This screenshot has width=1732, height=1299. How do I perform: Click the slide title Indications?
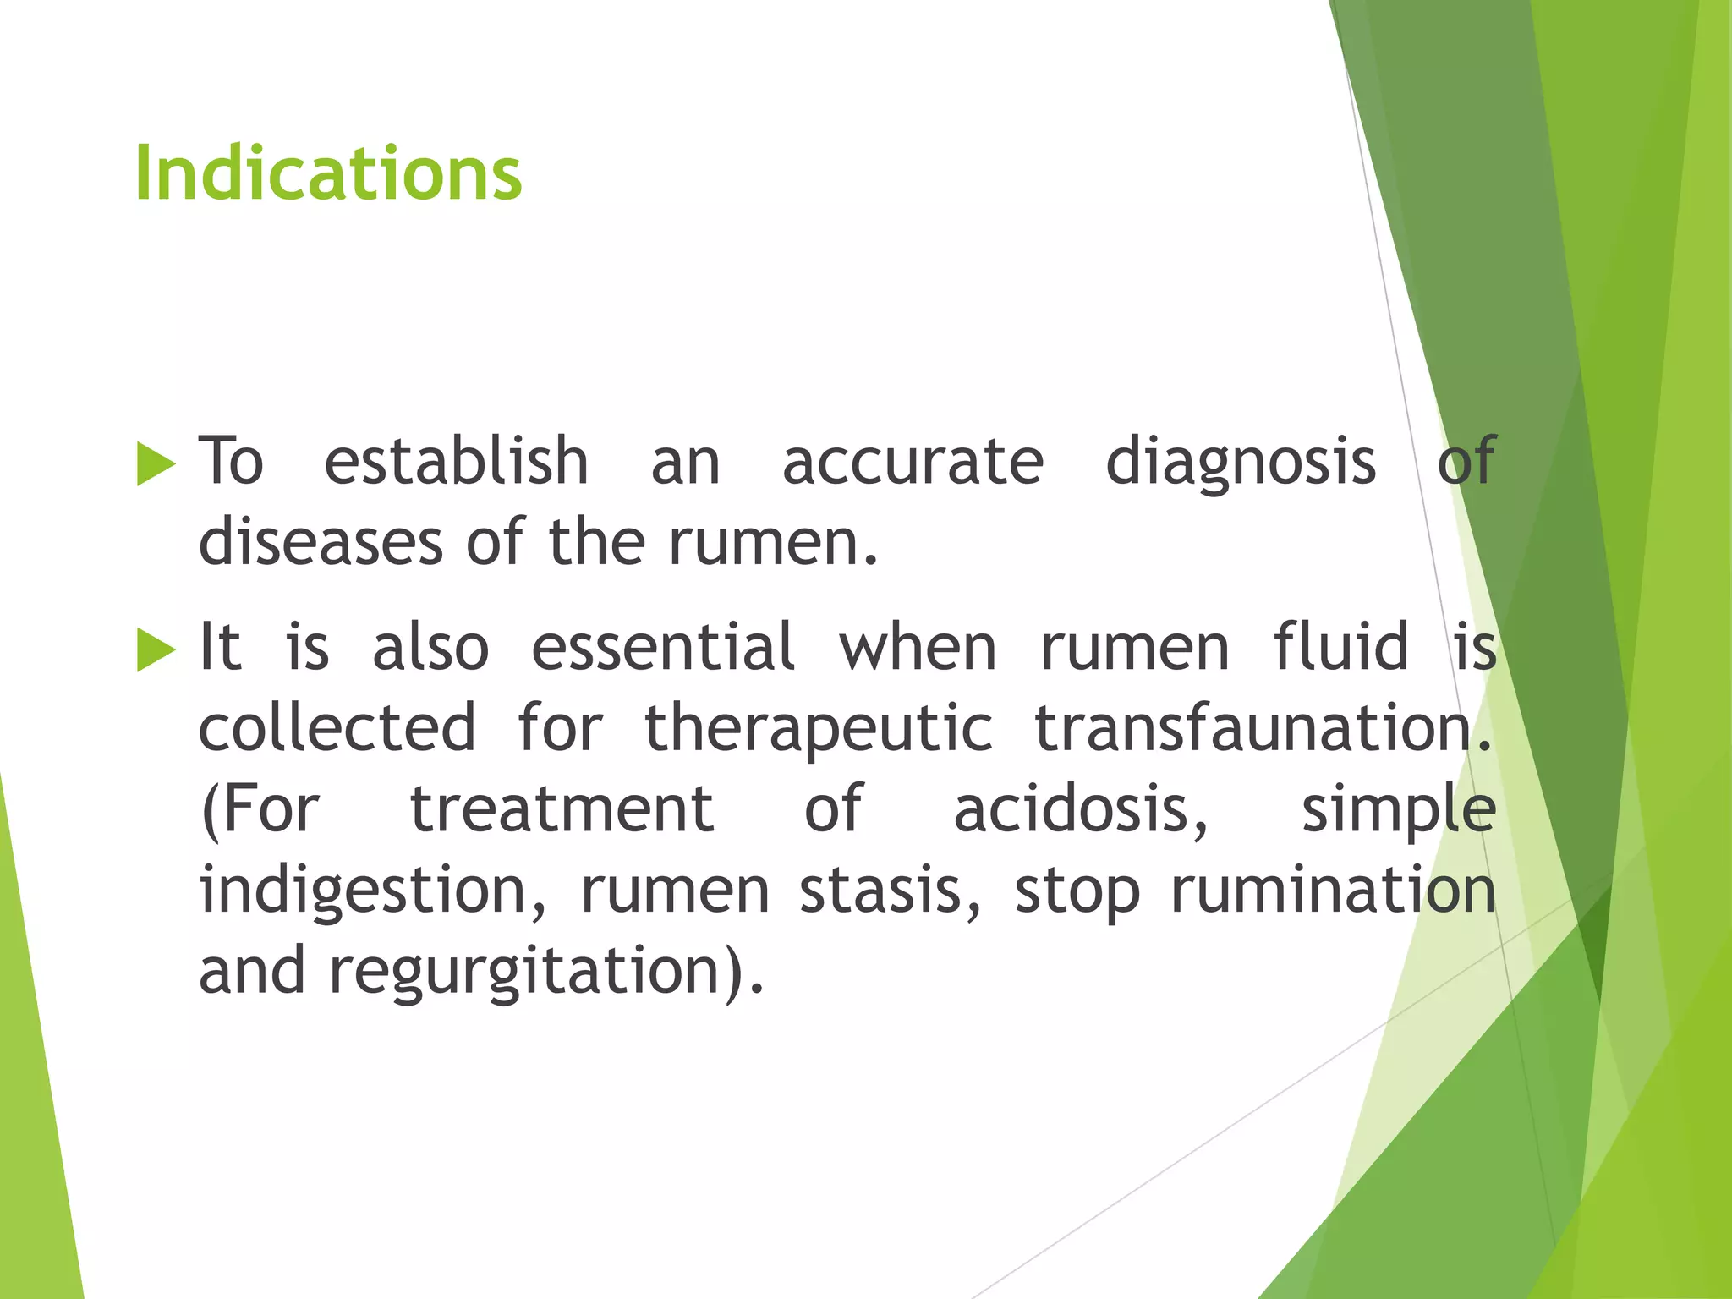tap(328, 173)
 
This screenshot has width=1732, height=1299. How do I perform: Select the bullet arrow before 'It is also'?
tap(156, 650)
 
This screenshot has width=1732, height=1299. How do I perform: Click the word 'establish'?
tap(456, 462)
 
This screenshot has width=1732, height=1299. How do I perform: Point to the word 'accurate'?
tap(913, 463)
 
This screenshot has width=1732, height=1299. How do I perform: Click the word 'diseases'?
tap(321, 543)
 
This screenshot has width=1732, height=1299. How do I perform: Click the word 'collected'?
tap(337, 728)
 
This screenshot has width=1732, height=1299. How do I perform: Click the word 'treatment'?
tap(562, 809)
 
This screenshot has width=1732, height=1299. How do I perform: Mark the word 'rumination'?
tap(1333, 891)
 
